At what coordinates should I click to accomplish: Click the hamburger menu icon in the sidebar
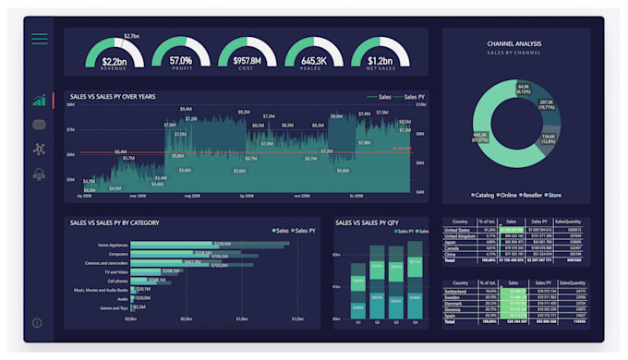40,39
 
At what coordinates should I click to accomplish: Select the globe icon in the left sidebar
39,125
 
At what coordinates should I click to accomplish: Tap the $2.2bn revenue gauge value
115,61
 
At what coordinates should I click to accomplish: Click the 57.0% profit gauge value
181,61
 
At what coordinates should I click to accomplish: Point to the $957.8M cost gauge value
248,61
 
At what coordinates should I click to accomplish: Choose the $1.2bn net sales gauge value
380,61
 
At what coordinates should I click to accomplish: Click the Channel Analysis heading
514,43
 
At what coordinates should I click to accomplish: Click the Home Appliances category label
112,245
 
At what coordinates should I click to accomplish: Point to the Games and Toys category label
115,307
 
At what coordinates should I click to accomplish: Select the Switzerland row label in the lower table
457,290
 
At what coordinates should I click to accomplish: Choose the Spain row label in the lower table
452,315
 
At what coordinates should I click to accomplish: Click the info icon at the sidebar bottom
37,323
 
